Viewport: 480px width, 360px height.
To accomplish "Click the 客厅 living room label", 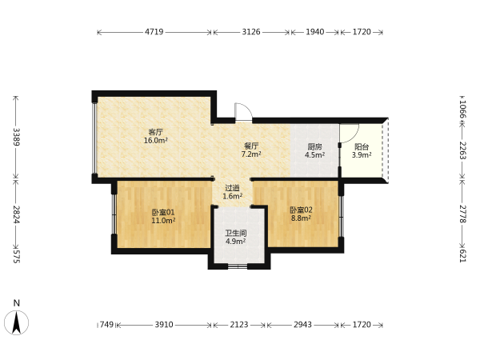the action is coord(155,132).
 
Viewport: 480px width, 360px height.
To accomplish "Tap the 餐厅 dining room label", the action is coord(251,146).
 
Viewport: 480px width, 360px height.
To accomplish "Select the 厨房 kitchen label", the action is coord(314,147).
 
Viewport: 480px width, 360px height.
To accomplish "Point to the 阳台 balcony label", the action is coord(362,147).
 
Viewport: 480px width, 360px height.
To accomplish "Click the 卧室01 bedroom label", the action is coord(163,212).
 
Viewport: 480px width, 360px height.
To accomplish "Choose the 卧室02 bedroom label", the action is coord(302,210).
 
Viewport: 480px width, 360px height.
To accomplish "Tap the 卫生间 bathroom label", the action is coord(236,234).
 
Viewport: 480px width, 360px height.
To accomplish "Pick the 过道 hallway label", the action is coord(232,188).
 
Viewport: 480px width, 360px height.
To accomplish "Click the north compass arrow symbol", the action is coord(17,322).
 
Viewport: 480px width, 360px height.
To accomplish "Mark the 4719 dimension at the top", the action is coord(154,32).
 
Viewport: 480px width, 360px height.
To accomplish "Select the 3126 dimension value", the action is coord(251,32).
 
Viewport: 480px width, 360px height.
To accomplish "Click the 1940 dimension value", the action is coord(314,32).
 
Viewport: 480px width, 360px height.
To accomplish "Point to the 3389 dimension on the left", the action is coord(17,137).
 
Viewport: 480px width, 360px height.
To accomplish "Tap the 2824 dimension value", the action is coord(17,214).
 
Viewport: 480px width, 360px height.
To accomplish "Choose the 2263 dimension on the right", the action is coord(463,150).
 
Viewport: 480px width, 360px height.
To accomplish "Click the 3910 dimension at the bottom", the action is coord(164,325).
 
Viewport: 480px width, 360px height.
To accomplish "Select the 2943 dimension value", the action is coord(302,325).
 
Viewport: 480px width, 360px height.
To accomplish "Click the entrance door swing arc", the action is coord(246,107).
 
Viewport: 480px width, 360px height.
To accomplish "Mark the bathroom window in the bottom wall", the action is coord(238,266).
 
